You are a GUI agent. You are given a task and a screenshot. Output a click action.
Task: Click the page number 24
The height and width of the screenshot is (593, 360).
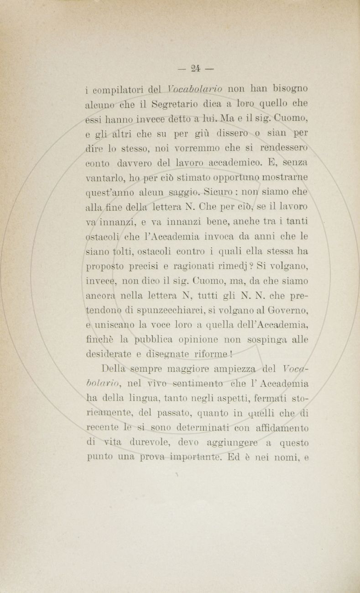[x=196, y=69]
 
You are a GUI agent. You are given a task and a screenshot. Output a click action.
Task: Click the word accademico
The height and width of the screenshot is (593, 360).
[x=236, y=162]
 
